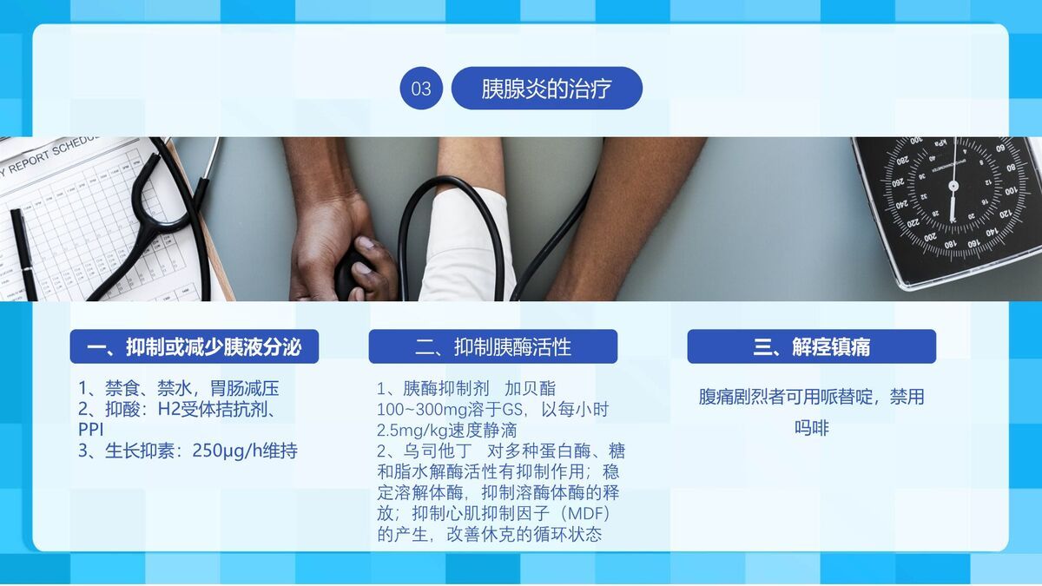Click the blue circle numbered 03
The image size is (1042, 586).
421,89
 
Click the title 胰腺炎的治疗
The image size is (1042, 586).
546,89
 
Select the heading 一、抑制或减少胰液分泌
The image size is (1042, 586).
194,347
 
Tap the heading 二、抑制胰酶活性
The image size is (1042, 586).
492,347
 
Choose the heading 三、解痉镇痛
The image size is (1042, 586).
811,347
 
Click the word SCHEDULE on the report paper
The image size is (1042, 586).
73,149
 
